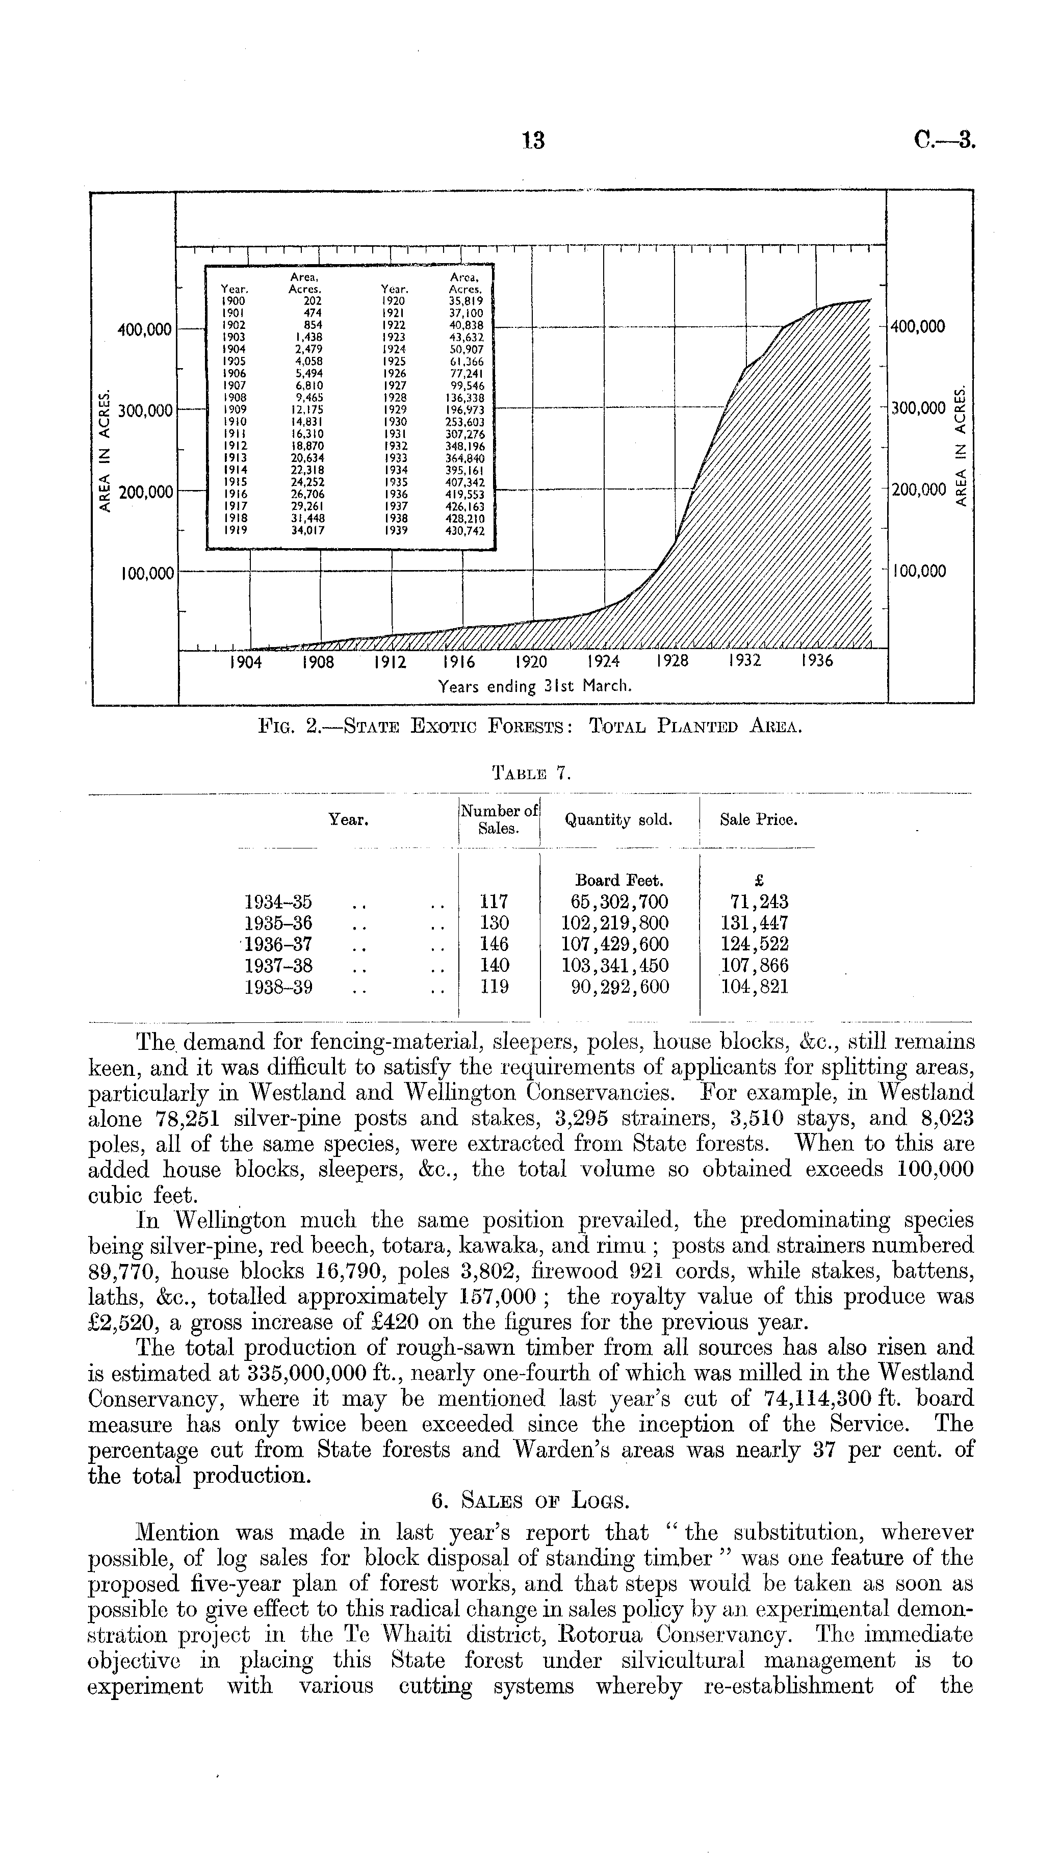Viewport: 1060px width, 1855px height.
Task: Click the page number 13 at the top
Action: [534, 141]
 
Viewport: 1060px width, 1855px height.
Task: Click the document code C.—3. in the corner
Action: [944, 140]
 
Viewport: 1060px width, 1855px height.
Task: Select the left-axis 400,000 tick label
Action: [145, 330]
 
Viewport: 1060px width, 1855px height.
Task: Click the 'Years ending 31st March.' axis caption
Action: [534, 686]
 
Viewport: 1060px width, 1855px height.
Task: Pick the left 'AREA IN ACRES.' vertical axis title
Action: [106, 451]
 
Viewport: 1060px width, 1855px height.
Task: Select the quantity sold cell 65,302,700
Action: [619, 902]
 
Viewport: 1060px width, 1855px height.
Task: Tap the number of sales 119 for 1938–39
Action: [495, 987]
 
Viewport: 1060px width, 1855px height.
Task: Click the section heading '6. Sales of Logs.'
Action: [529, 1501]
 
